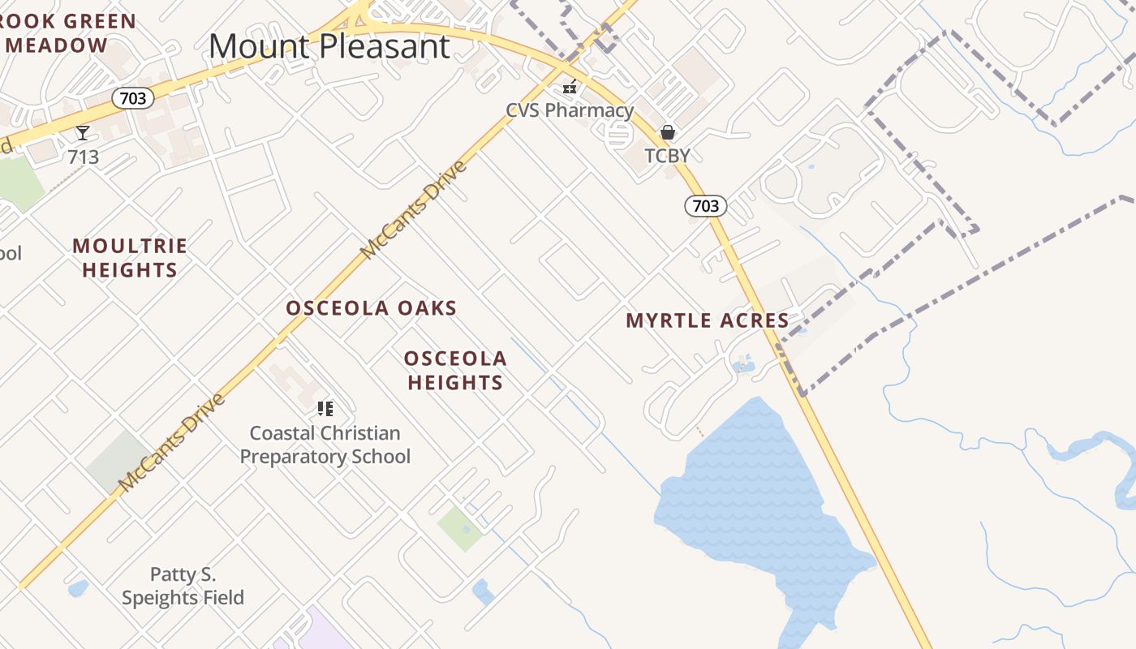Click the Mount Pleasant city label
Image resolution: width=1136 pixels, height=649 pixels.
pyautogui.click(x=329, y=46)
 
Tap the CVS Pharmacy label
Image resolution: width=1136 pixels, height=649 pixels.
pyautogui.click(x=569, y=110)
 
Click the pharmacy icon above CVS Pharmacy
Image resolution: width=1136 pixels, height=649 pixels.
pyautogui.click(x=570, y=87)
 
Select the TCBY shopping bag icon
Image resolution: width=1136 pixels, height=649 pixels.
pyautogui.click(x=668, y=131)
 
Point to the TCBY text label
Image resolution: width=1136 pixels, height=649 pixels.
pyautogui.click(x=667, y=155)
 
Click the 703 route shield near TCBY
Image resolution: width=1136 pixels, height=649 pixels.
pyautogui.click(x=705, y=205)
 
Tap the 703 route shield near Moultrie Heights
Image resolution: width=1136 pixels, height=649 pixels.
pyautogui.click(x=132, y=98)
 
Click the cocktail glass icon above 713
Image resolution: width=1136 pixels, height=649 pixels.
pyautogui.click(x=83, y=133)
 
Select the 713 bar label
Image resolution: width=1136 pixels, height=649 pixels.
pyautogui.click(x=83, y=156)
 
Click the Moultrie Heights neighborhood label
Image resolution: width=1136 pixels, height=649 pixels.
pyautogui.click(x=130, y=257)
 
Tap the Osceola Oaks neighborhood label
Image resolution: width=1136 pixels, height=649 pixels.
pyautogui.click(x=372, y=308)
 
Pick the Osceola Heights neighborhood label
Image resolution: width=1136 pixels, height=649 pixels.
pyautogui.click(x=455, y=370)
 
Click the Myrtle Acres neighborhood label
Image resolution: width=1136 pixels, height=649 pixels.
pyautogui.click(x=708, y=320)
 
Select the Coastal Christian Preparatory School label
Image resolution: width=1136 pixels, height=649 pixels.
pyautogui.click(x=325, y=445)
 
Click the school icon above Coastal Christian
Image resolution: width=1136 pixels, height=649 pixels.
pyautogui.click(x=325, y=408)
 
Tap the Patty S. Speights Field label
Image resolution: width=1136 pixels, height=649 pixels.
pyautogui.click(x=183, y=587)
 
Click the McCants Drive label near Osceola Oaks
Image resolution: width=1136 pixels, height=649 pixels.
pyautogui.click(x=414, y=210)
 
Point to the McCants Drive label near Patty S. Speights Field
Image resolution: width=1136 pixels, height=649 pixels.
pyautogui.click(x=170, y=443)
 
